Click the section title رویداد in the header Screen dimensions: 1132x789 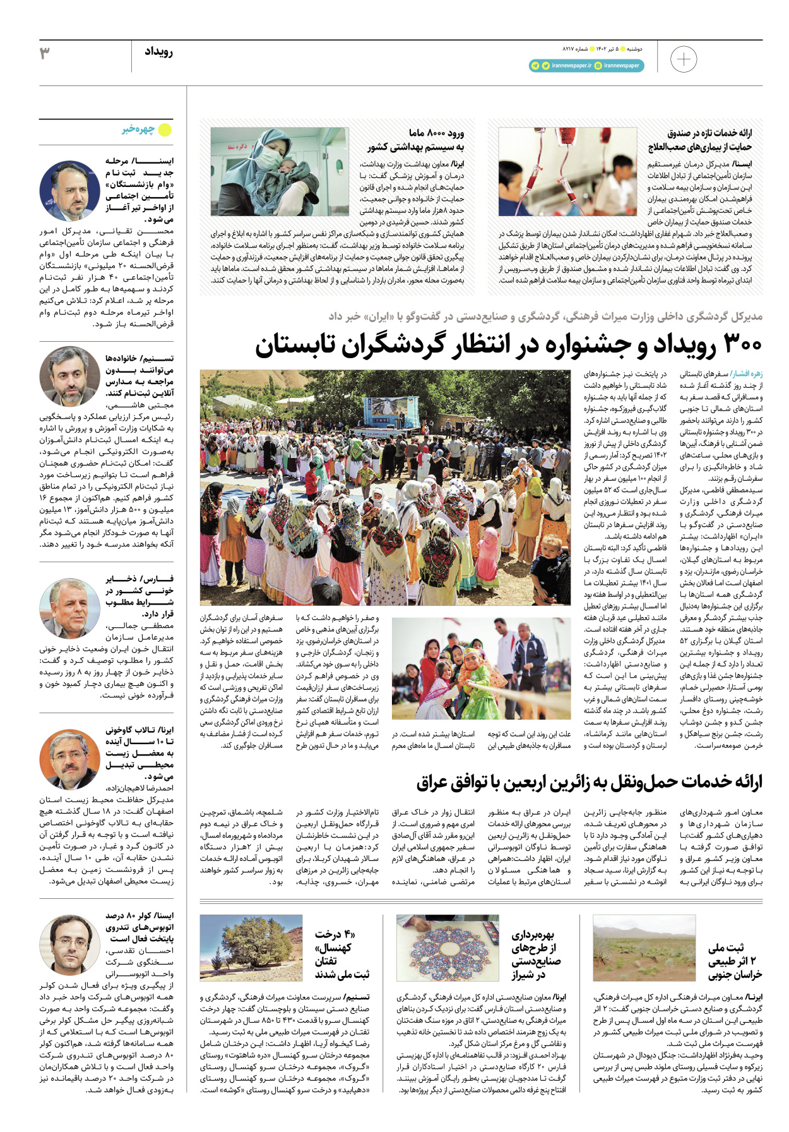[x=158, y=52]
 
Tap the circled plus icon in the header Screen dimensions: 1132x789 [x=683, y=60]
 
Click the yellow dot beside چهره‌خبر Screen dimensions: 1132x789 [x=165, y=130]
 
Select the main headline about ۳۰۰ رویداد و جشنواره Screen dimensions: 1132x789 [x=508, y=345]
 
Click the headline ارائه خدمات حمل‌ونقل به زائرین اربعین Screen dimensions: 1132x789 [x=589, y=782]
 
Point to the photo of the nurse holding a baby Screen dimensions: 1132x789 [x=279, y=172]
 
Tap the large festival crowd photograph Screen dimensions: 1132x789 [x=386, y=487]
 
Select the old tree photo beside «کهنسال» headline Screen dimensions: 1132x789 [x=251, y=948]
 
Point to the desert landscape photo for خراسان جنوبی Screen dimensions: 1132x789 [x=644, y=948]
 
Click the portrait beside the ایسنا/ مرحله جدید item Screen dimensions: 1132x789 [x=69, y=190]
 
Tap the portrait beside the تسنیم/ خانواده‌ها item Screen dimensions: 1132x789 [x=69, y=376]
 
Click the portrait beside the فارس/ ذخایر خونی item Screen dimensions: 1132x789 [x=69, y=608]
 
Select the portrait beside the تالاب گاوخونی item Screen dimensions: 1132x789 [x=69, y=759]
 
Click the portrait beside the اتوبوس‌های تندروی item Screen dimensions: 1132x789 [x=69, y=944]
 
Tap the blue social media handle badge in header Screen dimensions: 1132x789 [x=586, y=66]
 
